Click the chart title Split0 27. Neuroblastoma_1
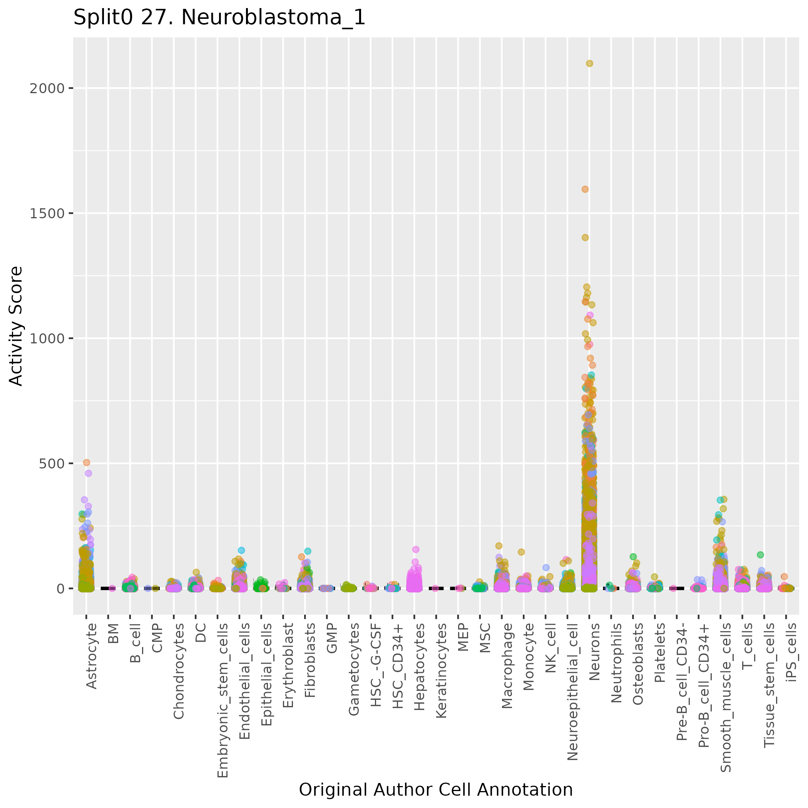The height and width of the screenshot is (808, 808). [219, 18]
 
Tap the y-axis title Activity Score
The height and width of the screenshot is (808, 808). [16, 326]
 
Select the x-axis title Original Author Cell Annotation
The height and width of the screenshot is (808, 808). [435, 790]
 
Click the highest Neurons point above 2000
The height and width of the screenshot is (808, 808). [589, 64]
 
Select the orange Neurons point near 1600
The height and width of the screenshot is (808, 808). [585, 189]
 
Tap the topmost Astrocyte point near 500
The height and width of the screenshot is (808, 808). [87, 462]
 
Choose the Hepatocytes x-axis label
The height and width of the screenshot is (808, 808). [419, 660]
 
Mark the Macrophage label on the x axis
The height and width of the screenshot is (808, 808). [507, 659]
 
